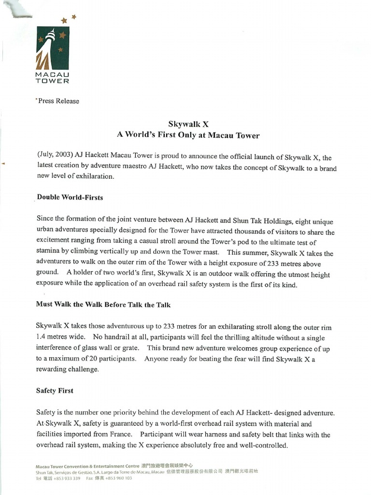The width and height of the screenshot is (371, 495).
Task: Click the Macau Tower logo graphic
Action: click(53, 48)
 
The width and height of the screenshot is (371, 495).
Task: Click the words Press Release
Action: click(58, 101)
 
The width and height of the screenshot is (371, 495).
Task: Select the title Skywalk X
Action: click(188, 124)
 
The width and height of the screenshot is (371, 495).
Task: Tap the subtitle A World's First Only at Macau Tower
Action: click(188, 135)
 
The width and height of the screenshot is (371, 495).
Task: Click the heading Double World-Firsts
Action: click(70, 197)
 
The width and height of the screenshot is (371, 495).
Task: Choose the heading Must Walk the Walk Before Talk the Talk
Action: click(103, 305)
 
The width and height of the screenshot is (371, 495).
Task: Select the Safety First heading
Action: click(55, 390)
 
